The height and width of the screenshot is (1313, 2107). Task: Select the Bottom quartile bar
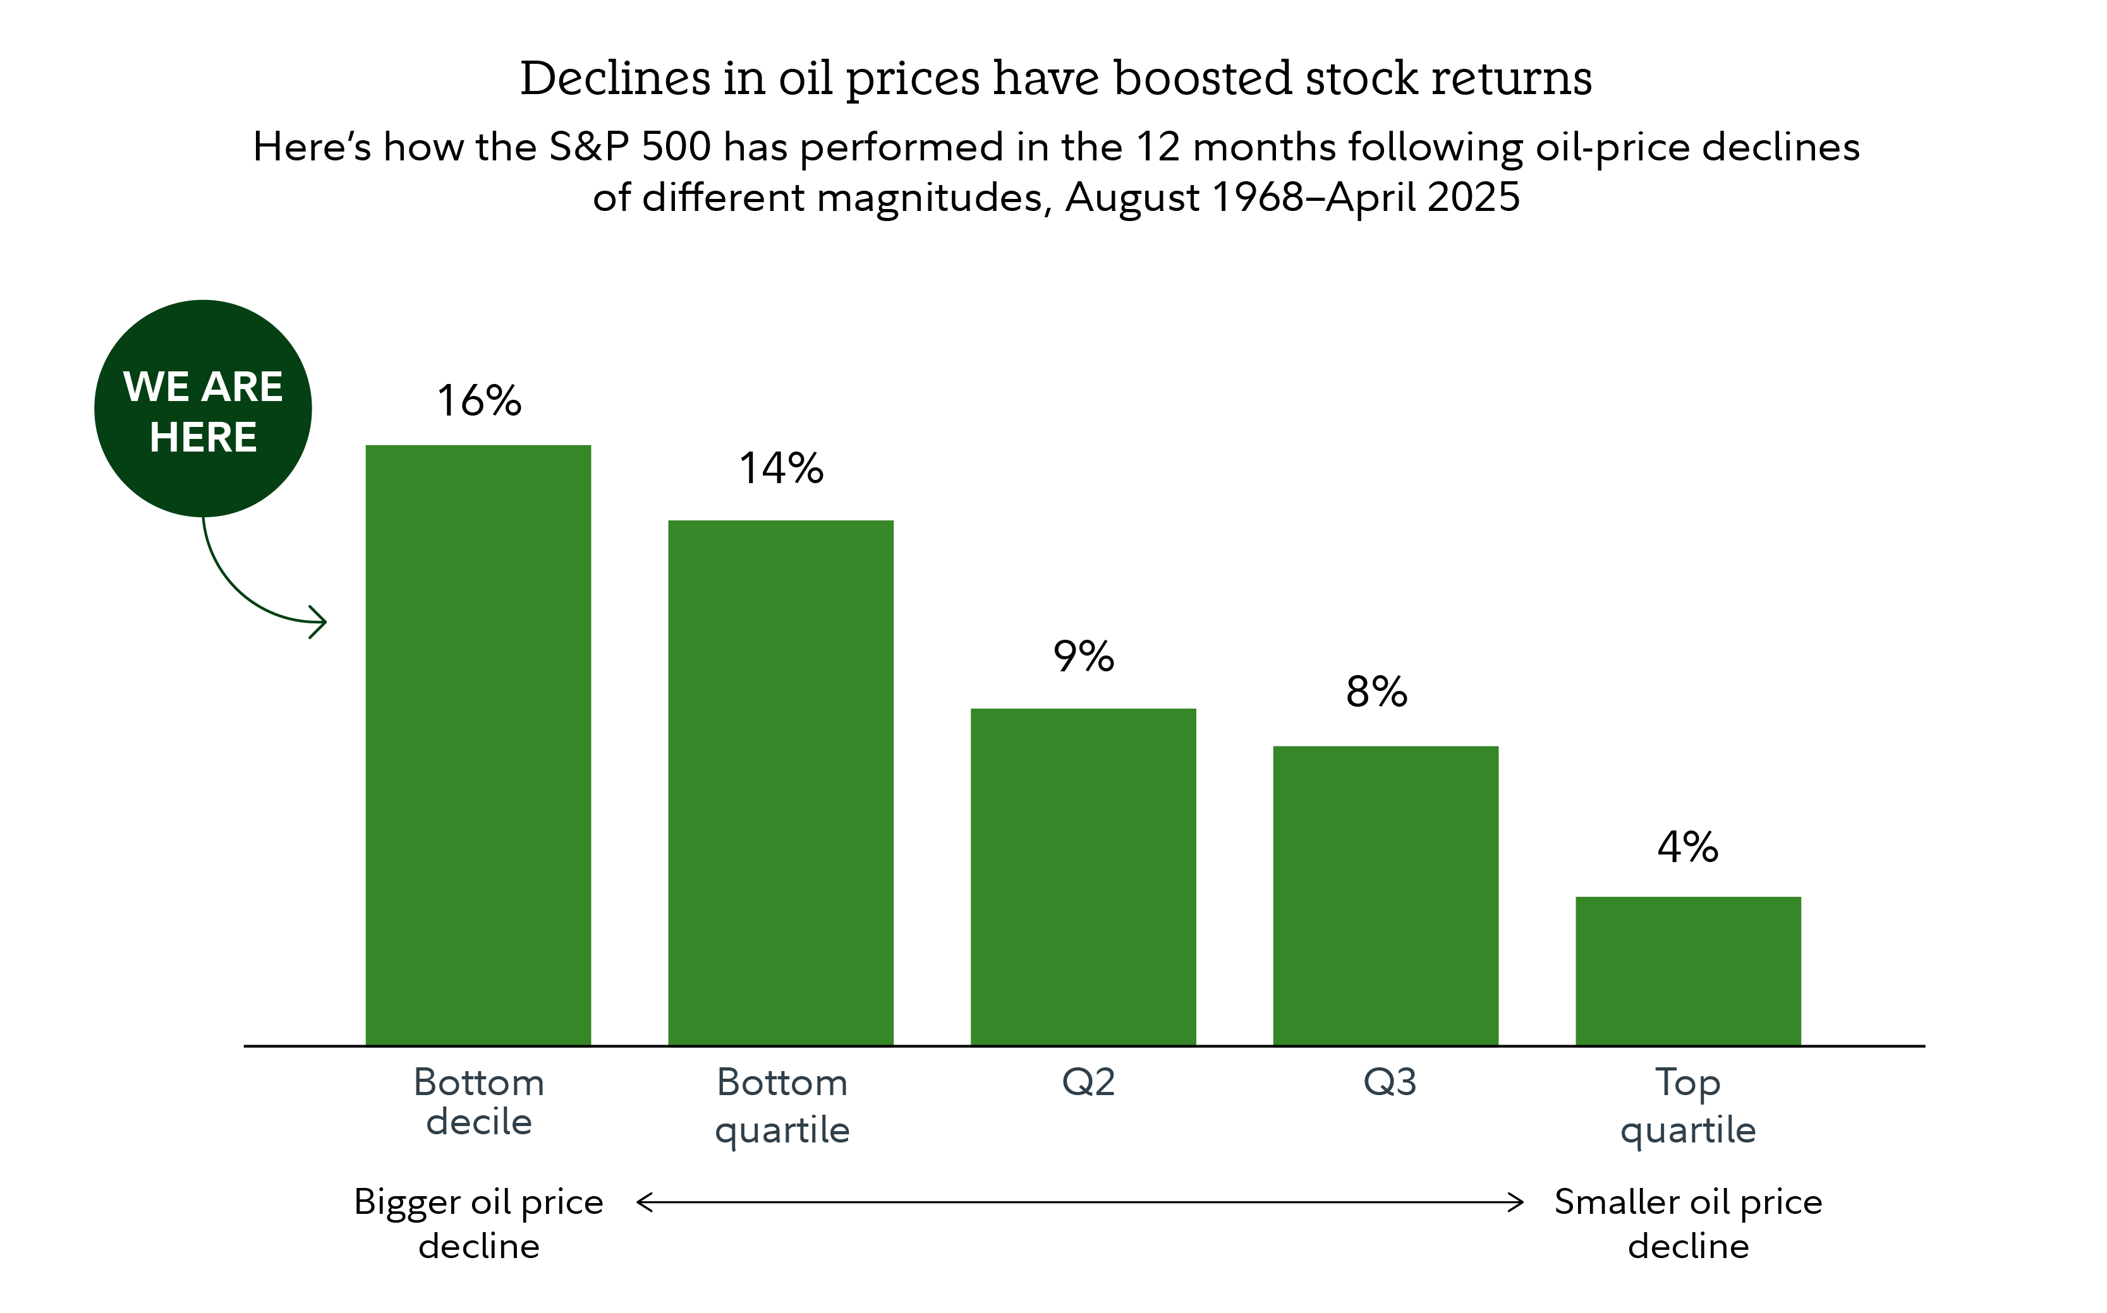[780, 782]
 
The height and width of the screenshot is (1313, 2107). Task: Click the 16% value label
[479, 401]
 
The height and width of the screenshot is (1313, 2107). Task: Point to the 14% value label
[780, 469]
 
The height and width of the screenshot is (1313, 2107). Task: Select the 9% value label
[1083, 657]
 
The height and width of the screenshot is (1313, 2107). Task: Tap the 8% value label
[1376, 692]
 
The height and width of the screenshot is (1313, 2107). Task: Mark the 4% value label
[1687, 847]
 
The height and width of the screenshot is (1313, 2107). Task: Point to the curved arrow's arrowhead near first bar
[320, 621]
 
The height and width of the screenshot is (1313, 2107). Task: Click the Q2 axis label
[1088, 1082]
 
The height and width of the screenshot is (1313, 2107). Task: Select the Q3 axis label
[1389, 1082]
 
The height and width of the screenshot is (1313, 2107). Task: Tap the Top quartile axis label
[1687, 1105]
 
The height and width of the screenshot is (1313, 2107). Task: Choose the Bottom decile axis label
[479, 1101]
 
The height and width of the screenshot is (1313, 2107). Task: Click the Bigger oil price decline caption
[479, 1223]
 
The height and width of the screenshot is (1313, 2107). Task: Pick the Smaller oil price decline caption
[1687, 1223]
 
